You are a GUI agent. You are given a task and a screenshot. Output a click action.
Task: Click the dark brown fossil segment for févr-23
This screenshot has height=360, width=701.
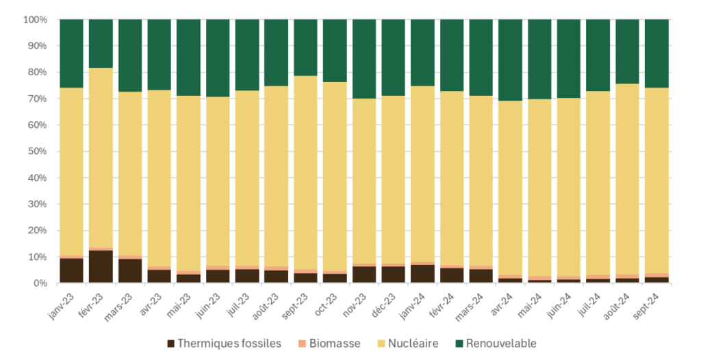101,267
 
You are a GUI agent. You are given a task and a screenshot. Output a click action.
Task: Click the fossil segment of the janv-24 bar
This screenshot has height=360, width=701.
422,274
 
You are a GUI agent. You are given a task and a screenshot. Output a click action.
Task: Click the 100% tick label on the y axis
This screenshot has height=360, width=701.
35,20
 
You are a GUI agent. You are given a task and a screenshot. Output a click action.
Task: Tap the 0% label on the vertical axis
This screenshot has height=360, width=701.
40,283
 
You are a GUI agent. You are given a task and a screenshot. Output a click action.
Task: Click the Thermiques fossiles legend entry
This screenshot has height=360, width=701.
223,344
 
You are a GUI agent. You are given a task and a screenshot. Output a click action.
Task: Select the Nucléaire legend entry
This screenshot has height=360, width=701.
408,344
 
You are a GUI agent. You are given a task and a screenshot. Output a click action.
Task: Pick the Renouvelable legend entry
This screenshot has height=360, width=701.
495,344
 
